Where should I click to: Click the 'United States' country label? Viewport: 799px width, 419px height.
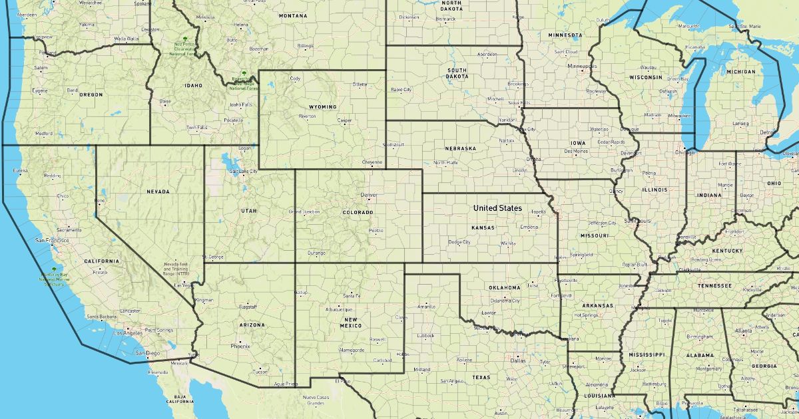coord(497,208)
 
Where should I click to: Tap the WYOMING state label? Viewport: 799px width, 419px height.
coord(322,107)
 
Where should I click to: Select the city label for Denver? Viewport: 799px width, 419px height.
coord(368,196)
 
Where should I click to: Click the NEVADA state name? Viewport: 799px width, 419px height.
coord(158,192)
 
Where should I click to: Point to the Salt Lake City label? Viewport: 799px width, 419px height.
coord(243,172)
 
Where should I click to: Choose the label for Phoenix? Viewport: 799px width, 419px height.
coord(240,346)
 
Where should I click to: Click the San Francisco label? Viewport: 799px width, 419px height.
coord(52,240)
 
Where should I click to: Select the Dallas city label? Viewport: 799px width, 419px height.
coord(518,360)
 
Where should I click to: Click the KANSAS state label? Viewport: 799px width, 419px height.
coord(483,227)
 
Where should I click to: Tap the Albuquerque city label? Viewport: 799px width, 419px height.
coord(339,309)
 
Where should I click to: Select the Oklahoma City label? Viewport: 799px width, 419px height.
coord(507,301)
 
